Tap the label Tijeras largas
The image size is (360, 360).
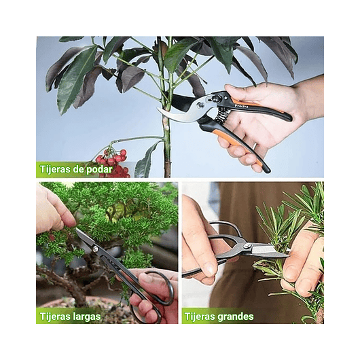click(x=70, y=316)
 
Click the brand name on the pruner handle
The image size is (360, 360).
click(x=241, y=106)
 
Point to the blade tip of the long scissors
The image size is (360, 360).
click(x=78, y=231)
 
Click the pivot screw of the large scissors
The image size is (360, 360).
click(x=247, y=246)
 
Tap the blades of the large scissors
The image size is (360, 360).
click(x=269, y=251)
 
